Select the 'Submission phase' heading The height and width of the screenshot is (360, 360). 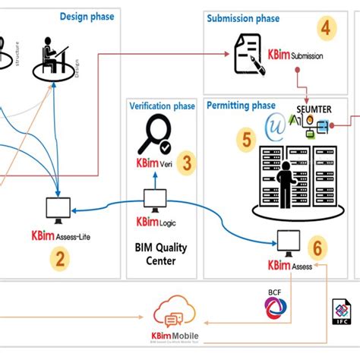pos(243,18)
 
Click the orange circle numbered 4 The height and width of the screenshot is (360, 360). pos(326,30)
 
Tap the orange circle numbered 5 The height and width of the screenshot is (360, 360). pos(245,139)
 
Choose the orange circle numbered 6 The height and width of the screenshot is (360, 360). pos(317,247)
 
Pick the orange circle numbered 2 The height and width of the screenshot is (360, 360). pos(59,258)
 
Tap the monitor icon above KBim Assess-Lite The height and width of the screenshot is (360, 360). pos(58,206)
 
